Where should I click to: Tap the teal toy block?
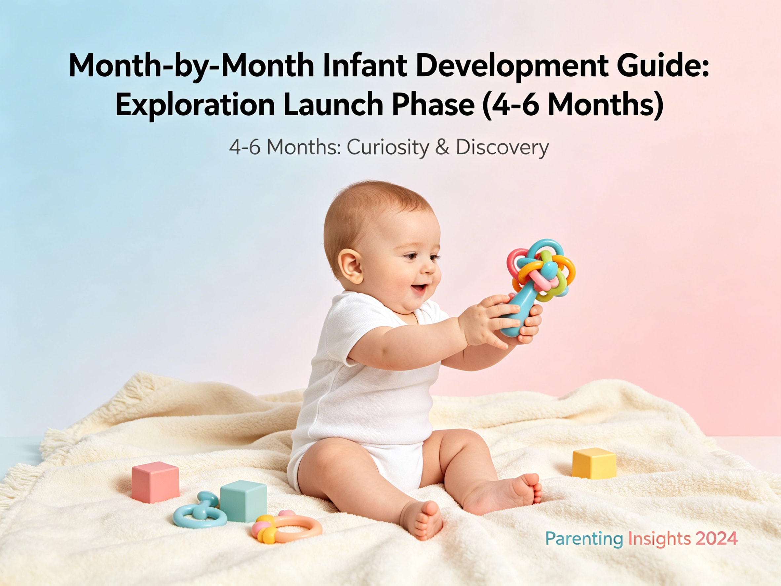point(243,501)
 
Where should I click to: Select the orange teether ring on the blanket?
point(298,528)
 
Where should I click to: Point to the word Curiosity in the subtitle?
point(387,147)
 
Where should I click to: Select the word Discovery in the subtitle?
point(502,147)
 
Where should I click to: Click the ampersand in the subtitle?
point(442,147)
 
